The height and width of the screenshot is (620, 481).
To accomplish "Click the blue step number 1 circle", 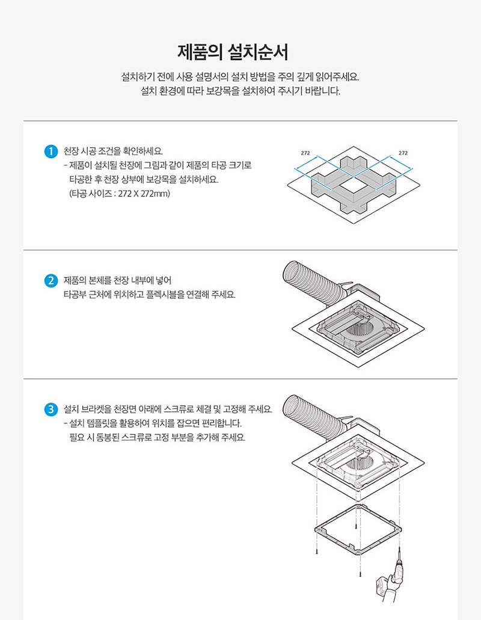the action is coord(51,151).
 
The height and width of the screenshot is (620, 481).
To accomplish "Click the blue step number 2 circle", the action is coord(51,281).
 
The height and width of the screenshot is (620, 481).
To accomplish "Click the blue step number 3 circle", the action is coord(51,410).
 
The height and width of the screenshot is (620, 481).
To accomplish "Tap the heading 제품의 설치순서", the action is coord(233,52).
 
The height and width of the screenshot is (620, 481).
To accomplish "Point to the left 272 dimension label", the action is coord(305,153).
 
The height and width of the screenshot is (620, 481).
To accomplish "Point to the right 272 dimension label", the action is coord(403,153).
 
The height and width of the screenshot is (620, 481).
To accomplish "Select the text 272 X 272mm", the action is coord(144,194).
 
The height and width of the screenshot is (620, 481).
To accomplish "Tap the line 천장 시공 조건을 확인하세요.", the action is coord(113,151).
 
